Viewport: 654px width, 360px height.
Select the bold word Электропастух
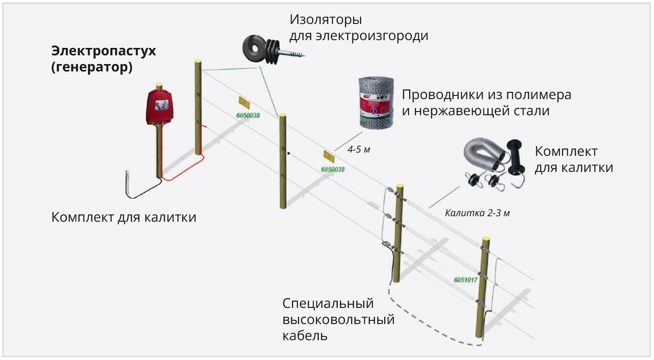(103, 51)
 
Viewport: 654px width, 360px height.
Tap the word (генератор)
(92, 68)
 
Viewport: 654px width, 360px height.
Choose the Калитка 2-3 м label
(477, 213)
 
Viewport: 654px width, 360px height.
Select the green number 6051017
(465, 279)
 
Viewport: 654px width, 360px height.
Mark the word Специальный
(327, 304)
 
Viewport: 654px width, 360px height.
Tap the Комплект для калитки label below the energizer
(124, 217)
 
